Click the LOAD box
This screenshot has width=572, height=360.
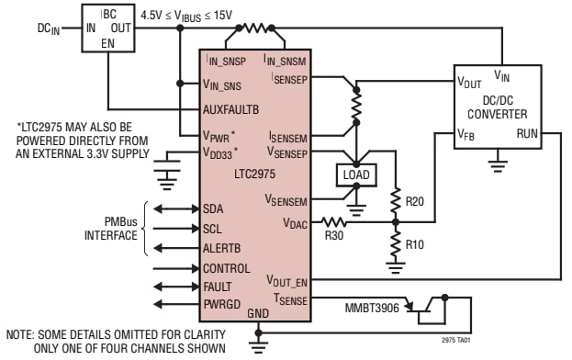355,174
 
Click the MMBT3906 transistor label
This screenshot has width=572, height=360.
372,303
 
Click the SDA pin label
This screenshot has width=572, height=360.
214,208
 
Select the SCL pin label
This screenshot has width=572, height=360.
213,228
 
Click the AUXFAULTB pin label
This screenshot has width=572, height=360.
231,107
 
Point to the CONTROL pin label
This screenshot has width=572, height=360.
227,268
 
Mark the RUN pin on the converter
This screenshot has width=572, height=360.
528,134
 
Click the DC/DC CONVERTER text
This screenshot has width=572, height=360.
497,107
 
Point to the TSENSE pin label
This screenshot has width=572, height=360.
290,298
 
